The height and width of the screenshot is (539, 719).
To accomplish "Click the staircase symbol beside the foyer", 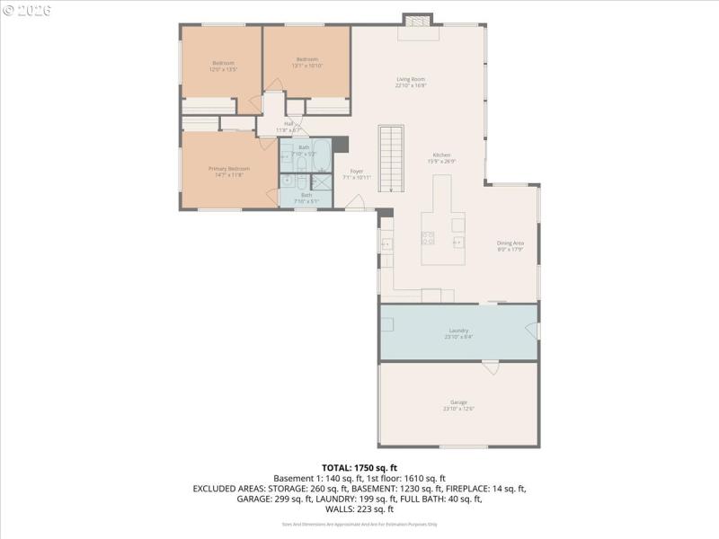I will (389, 158).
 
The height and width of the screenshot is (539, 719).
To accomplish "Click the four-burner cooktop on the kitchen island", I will (429, 239).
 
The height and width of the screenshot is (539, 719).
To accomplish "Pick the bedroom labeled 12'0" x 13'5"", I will (222, 66).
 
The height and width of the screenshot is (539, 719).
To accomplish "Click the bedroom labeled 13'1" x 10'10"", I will (306, 62).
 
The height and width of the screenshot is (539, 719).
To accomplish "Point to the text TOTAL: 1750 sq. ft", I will (359, 468).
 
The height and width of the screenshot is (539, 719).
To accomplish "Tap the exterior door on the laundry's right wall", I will (536, 331).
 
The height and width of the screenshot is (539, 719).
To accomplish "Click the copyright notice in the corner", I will (28, 10).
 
